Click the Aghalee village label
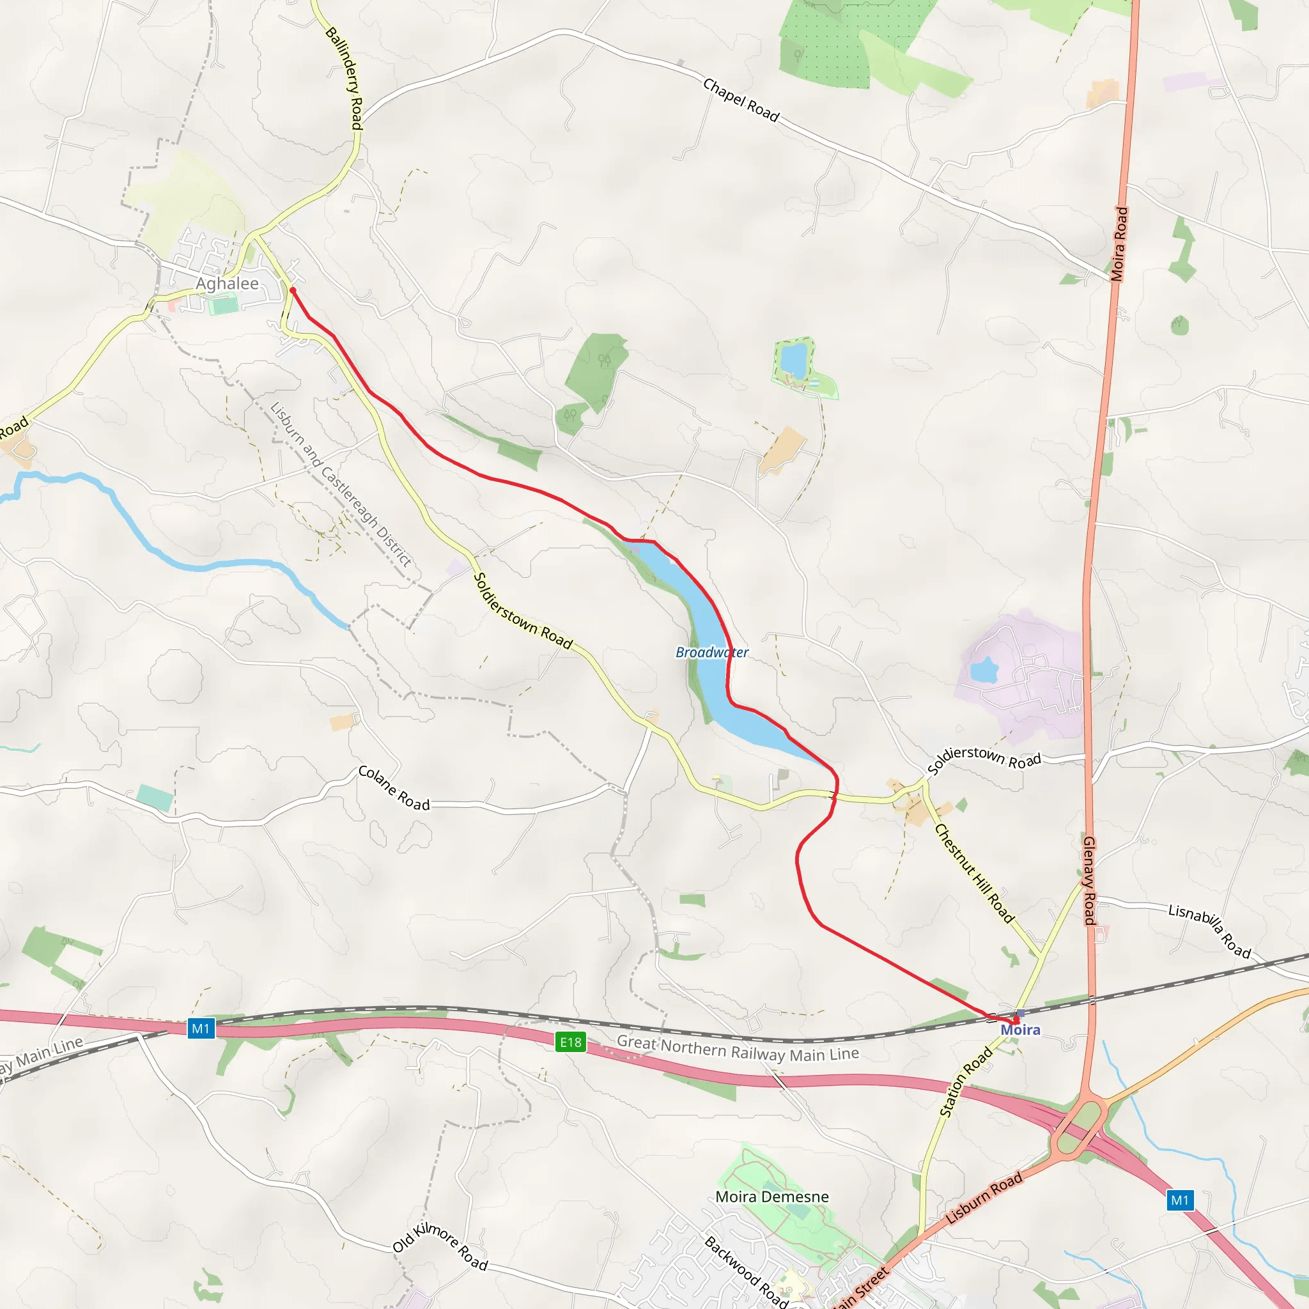[x=227, y=283]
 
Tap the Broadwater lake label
[x=712, y=652]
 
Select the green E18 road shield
[x=571, y=1042]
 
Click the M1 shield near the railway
[x=201, y=1028]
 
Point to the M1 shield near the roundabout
[x=1180, y=1200]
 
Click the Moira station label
[x=1020, y=1030]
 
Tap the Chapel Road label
[x=741, y=100]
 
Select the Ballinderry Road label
[x=346, y=78]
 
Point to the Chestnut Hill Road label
[x=974, y=873]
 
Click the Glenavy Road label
[x=1088, y=881]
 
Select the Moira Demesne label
[x=772, y=1197]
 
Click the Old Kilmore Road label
[x=440, y=1246]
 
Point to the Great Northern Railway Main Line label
[x=738, y=1049]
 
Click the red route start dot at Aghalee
[x=293, y=290]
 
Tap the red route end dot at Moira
[x=1016, y=1019]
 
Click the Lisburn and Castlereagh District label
[x=341, y=484]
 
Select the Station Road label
[x=966, y=1082]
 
